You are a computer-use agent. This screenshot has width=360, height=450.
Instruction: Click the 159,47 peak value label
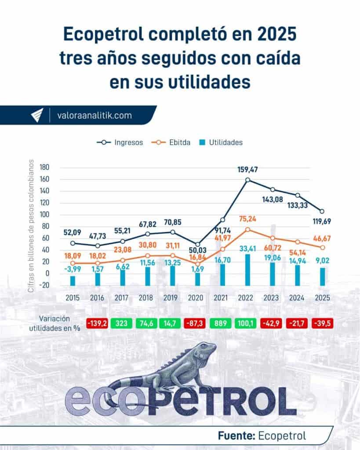pos(248,169)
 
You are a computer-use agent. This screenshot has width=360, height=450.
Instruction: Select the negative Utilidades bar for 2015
pos(73,279)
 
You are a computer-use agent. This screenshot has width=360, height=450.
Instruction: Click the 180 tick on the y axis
pos(44,167)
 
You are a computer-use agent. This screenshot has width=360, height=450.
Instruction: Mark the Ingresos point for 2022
pos(248,180)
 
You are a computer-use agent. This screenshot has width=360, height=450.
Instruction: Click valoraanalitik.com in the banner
pos(95,116)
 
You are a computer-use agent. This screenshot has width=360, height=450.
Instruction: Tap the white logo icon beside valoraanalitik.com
pos(36,116)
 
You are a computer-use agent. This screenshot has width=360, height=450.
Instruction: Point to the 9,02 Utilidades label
pos(323,261)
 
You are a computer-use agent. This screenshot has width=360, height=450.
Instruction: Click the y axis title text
pos(31,224)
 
